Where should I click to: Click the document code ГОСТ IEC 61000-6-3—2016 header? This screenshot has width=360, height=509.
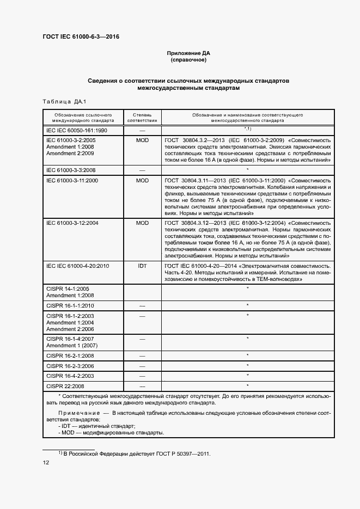81,37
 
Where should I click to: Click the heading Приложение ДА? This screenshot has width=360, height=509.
188,53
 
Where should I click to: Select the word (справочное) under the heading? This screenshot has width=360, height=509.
188,60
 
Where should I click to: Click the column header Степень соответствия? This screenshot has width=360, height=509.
142,118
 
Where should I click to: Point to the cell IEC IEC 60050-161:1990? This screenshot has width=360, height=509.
76,131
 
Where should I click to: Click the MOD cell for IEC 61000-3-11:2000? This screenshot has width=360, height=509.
142,180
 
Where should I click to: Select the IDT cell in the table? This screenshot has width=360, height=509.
142,265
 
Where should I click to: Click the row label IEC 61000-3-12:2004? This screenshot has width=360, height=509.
72,223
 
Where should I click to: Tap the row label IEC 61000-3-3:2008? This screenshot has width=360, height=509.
71,170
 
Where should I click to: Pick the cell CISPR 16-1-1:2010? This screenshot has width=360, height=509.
70,305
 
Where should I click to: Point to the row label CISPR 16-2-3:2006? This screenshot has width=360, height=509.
70,366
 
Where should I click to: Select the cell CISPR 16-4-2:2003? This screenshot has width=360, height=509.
70,376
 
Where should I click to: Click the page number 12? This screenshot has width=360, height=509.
46,462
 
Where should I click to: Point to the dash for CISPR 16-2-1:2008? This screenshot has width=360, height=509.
142,356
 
